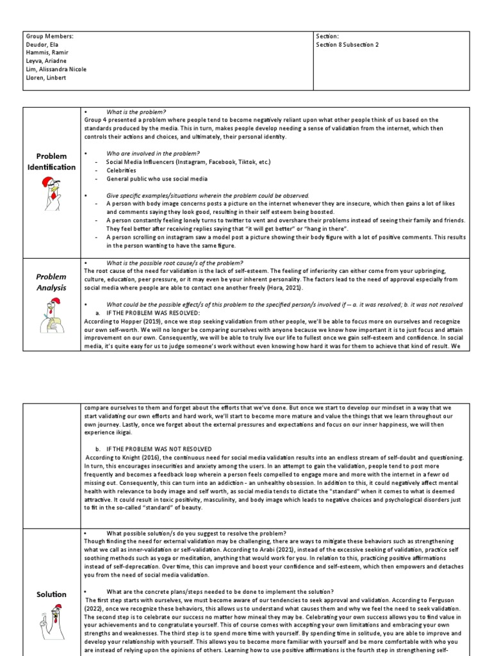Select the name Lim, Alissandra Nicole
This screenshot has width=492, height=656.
(56, 69)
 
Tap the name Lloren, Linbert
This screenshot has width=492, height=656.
(46, 78)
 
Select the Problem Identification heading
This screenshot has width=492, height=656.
(51, 161)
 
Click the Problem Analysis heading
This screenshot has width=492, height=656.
(51, 282)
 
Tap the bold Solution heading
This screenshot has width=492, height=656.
(51, 594)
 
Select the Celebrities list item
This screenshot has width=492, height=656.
(121, 170)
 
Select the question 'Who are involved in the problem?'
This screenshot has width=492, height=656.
(153, 154)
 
